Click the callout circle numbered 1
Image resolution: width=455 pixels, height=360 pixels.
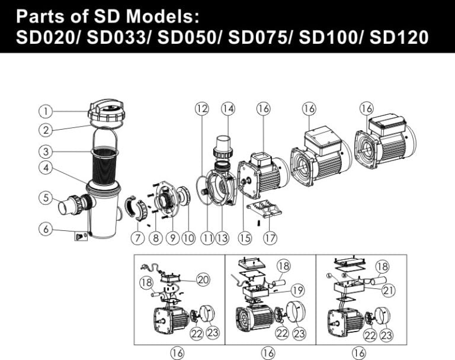click(45, 111)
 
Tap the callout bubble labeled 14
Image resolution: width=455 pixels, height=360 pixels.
click(228, 108)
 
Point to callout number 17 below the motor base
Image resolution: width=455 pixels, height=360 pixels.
click(270, 238)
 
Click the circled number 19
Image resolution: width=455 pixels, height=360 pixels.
click(297, 290)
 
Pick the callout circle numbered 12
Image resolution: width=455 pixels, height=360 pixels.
click(202, 108)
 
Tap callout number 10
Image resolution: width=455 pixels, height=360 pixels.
click(188, 238)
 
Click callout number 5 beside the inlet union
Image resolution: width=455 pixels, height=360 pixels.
click(45, 198)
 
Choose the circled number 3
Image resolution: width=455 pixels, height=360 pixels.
click(45, 150)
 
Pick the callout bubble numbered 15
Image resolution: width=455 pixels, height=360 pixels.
click(245, 238)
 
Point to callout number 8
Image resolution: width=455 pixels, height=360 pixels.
click(155, 238)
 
